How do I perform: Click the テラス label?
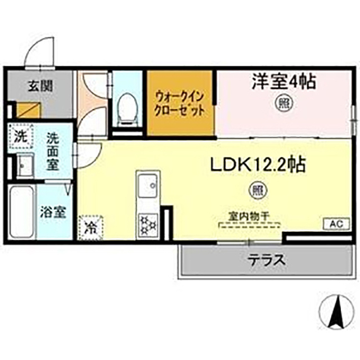263,261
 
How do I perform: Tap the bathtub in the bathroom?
22,213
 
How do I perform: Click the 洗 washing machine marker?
21,136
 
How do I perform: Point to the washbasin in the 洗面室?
24,166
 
